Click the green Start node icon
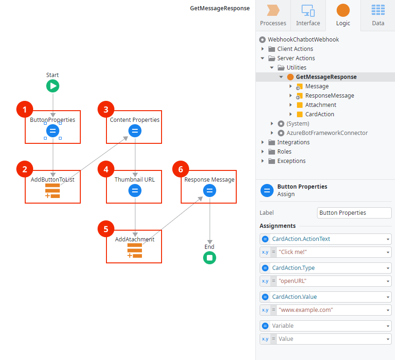(53, 86)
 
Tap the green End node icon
(210, 258)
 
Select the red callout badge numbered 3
(106, 110)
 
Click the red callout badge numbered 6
(181, 169)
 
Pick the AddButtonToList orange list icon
(53, 191)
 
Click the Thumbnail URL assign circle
(135, 191)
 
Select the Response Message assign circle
(210, 191)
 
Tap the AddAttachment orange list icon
(134, 250)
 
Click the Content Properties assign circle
(135, 131)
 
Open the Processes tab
(273, 15)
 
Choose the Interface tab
(308, 15)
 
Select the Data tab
(378, 15)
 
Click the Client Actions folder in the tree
(295, 49)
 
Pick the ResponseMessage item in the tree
(329, 96)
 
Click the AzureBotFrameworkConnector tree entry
(327, 133)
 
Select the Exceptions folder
(291, 161)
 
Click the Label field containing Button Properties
(354, 213)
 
